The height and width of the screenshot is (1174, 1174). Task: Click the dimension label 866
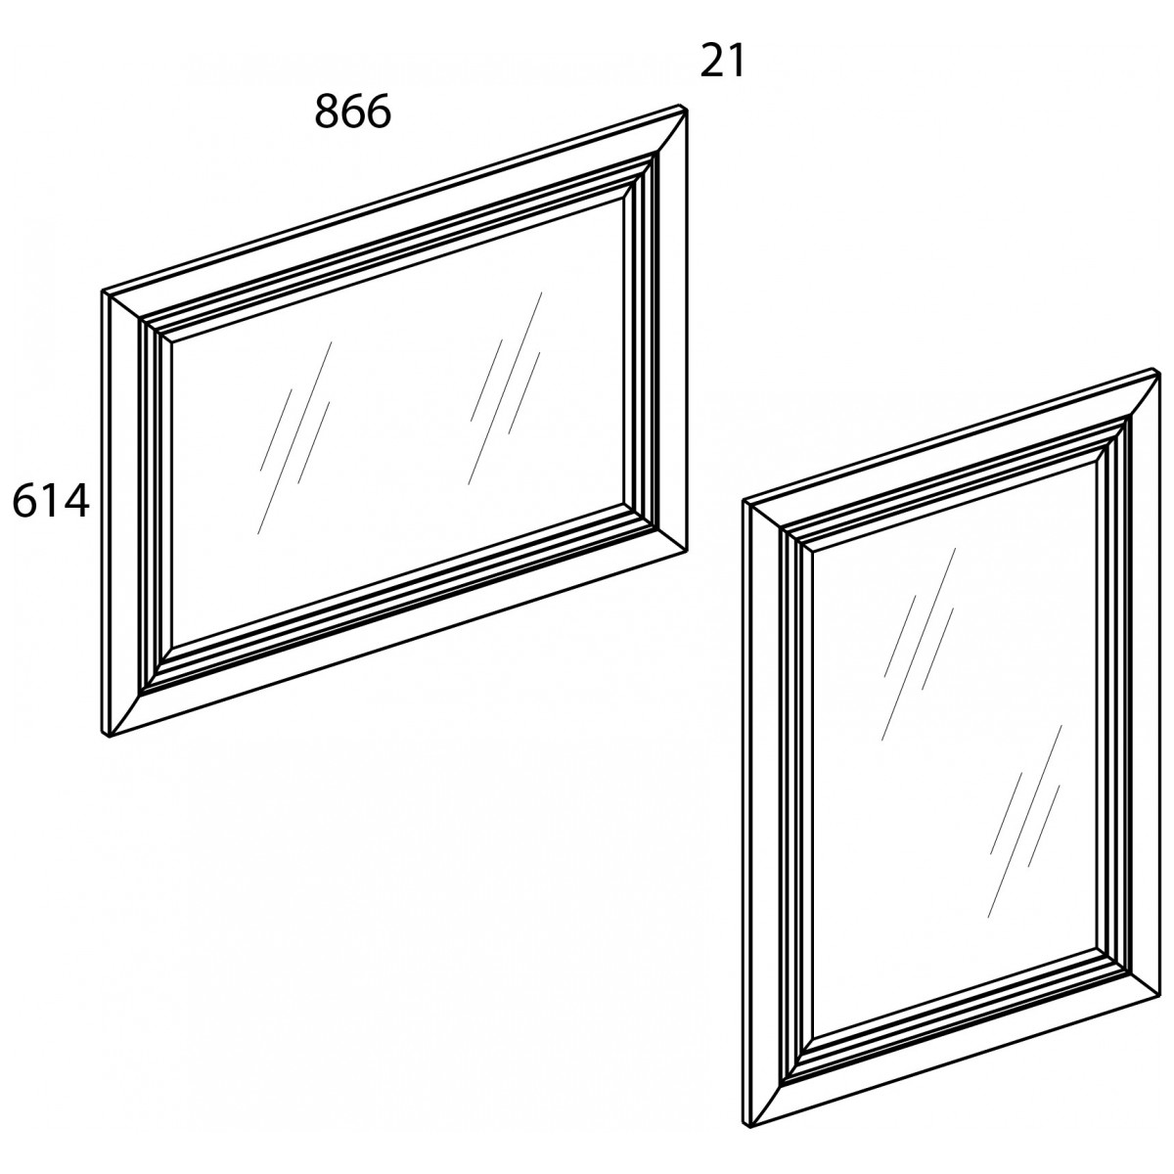(x=352, y=113)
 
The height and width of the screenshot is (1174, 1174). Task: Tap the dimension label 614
(x=51, y=502)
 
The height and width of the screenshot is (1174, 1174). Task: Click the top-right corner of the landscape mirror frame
(x=687, y=110)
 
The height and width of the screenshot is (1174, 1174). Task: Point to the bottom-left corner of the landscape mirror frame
(x=109, y=737)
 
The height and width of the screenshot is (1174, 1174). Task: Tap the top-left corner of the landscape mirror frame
(x=102, y=292)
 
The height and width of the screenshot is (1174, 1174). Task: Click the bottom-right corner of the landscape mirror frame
(x=687, y=552)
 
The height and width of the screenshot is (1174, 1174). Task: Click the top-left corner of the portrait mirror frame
(x=744, y=502)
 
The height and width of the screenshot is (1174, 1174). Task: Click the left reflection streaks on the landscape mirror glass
(x=294, y=438)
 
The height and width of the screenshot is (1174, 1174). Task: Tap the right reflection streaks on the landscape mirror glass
(x=505, y=388)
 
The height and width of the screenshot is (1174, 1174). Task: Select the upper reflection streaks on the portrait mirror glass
(x=918, y=644)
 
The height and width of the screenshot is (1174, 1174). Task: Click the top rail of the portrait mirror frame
(x=950, y=454)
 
